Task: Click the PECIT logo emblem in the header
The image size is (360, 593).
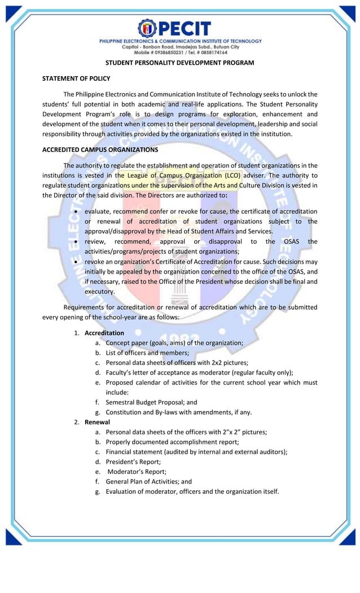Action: tap(147, 28)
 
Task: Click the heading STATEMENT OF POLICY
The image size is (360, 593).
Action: tap(76, 78)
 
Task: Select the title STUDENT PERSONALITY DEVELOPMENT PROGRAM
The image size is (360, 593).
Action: tap(179, 63)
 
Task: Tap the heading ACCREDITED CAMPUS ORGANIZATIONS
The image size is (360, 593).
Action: tap(100, 150)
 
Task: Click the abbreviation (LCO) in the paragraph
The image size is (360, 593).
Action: tap(226, 175)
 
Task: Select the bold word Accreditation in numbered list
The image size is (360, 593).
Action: tap(104, 333)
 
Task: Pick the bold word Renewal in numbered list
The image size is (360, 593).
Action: tap(97, 422)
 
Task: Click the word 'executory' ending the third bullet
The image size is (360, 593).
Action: tap(99, 292)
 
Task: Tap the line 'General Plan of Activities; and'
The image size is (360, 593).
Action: tap(148, 481)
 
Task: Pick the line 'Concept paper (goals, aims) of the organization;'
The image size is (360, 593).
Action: tap(174, 342)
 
